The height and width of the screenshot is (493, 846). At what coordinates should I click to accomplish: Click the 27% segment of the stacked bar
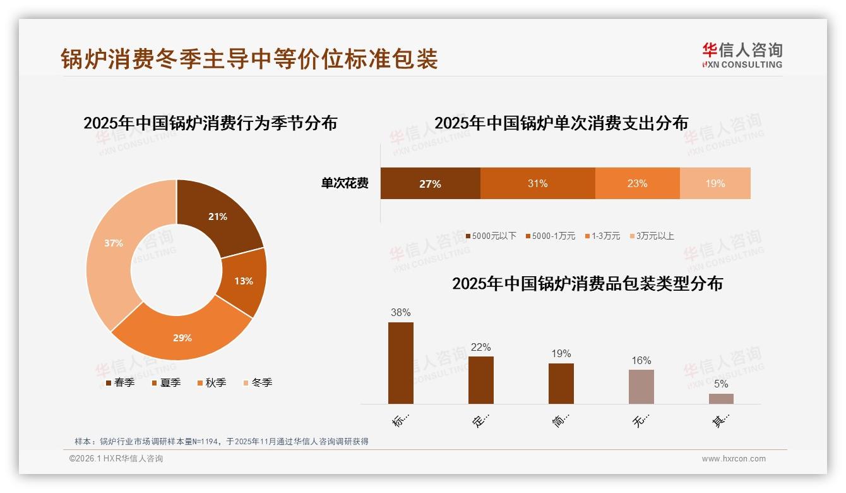point(430,184)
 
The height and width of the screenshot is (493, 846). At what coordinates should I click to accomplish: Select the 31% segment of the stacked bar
point(537,184)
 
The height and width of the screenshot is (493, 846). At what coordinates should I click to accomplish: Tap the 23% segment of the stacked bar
point(637,184)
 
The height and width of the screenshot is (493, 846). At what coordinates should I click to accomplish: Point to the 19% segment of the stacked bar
point(715,184)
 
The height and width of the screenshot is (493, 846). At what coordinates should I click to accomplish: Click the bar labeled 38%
point(400,363)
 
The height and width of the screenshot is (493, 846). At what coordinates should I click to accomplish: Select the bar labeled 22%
point(480,380)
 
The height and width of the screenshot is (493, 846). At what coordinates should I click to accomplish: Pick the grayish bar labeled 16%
point(641,387)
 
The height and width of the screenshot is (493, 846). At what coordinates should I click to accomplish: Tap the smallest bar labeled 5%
point(721,399)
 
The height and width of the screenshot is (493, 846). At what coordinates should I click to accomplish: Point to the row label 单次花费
point(345,184)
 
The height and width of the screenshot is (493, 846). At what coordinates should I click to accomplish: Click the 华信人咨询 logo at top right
point(741,55)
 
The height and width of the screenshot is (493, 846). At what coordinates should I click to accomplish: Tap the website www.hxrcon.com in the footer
point(733,459)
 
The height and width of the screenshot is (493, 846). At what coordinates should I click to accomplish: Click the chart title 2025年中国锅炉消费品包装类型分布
point(587,284)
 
